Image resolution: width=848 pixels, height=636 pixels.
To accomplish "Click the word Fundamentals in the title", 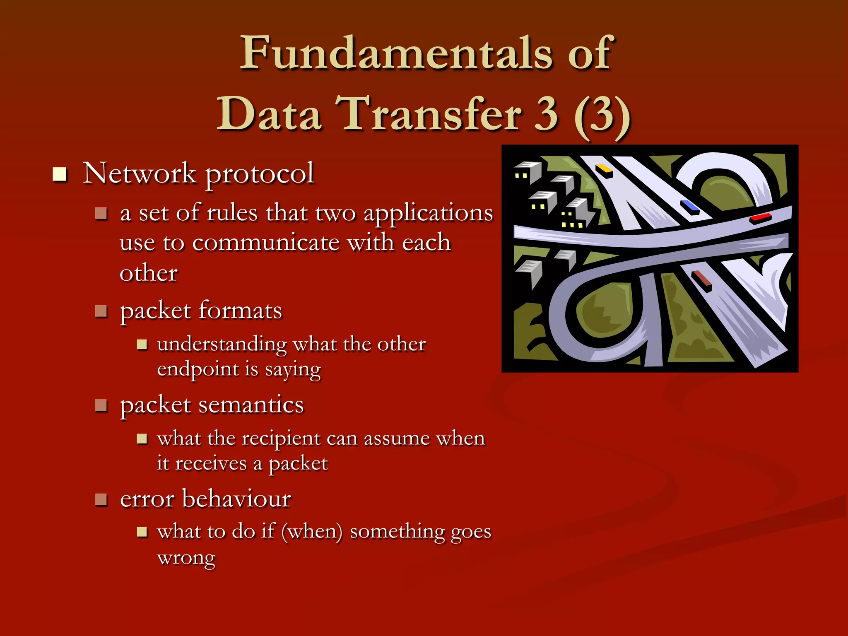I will tap(397, 53).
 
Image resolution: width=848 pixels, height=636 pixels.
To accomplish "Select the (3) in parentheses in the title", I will tap(602, 115).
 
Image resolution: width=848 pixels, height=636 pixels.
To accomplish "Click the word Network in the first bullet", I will tap(140, 173).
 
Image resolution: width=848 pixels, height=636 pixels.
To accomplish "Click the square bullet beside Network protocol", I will tap(60, 174).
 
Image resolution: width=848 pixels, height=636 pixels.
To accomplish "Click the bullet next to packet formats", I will tap(101, 311).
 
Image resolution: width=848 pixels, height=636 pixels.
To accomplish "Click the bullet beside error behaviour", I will tap(101, 499).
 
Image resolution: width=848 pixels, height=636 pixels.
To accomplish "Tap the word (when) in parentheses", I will tap(312, 532).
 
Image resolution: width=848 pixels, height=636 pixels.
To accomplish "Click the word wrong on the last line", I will tap(186, 558).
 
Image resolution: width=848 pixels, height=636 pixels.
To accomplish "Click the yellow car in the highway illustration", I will tap(604, 170).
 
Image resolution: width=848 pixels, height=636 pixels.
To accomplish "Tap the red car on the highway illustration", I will tap(761, 218).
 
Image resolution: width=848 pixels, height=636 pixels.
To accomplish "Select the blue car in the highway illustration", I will tap(689, 206).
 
